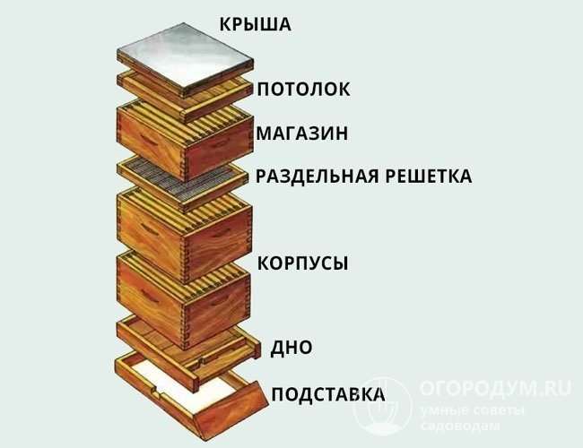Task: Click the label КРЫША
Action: click(x=255, y=24)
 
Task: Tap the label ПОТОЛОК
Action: click(x=303, y=90)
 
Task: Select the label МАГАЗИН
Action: click(x=302, y=133)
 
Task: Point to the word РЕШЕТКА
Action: click(x=429, y=177)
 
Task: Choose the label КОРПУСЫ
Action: click(x=302, y=263)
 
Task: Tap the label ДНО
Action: click(x=291, y=348)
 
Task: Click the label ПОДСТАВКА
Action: click(x=328, y=394)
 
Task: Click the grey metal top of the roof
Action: click(x=185, y=55)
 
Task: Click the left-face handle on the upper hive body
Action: click(x=149, y=228)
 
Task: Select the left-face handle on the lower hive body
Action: click(x=150, y=296)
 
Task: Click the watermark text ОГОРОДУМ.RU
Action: click(x=496, y=389)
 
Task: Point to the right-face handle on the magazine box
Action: click(x=219, y=144)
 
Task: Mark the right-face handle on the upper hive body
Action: click(x=221, y=233)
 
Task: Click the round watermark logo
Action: click(x=383, y=406)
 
